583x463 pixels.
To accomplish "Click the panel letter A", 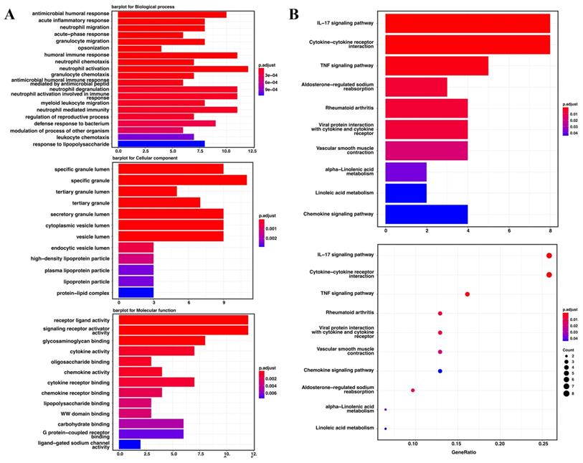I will pyautogui.click(x=10, y=16).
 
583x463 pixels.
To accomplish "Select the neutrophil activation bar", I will pyautogui.click(x=182, y=69).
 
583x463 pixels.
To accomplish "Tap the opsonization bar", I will pyautogui.click(x=139, y=49).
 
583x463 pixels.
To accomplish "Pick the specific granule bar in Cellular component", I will pyautogui.click(x=181, y=179).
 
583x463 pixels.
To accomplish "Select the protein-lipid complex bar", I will pyautogui.click(x=136, y=292).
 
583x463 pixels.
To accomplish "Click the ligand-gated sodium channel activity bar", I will pyautogui.click(x=129, y=444).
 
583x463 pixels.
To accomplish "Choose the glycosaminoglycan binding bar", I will pyautogui.click(x=161, y=340).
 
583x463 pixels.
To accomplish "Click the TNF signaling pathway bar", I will pyautogui.click(x=437, y=65).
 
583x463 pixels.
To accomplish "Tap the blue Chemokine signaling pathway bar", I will pyautogui.click(x=427, y=215).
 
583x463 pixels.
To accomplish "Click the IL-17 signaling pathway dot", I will pyautogui.click(x=549, y=256).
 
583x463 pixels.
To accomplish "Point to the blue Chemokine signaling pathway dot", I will pyautogui.click(x=440, y=370).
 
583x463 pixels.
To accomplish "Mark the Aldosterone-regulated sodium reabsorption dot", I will pyautogui.click(x=413, y=390).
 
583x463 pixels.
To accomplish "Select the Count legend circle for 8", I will pyautogui.click(x=565, y=393).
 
